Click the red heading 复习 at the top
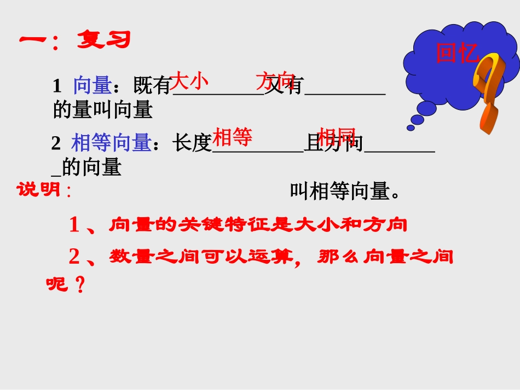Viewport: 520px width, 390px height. click(x=103, y=39)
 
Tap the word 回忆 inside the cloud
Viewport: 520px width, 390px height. click(x=457, y=54)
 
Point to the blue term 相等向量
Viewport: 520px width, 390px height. click(x=111, y=143)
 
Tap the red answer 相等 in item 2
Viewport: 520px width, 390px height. click(x=232, y=137)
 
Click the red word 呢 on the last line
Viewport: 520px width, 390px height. click(x=56, y=284)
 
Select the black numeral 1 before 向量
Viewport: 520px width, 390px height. click(x=57, y=86)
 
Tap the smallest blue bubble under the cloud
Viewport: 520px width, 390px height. click(x=411, y=128)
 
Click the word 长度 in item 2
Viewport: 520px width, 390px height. click(x=192, y=143)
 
